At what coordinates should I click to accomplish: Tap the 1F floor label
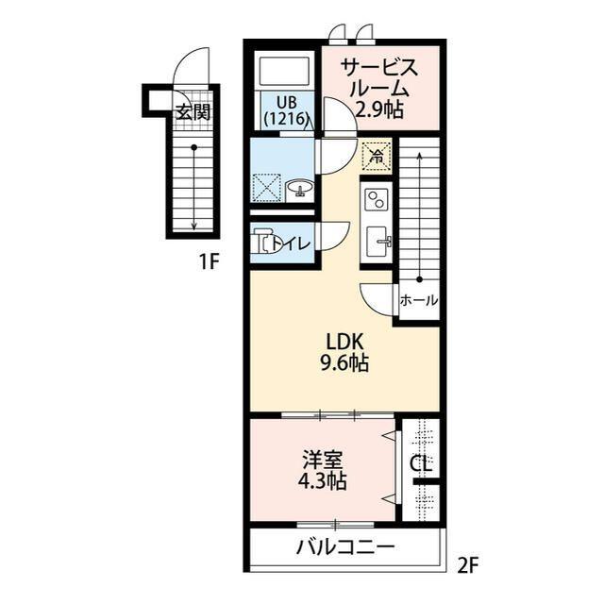pos(209,262)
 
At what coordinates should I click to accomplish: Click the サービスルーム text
pos(379,78)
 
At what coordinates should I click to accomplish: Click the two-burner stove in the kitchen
pos(377,200)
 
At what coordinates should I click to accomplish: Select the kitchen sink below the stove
pos(377,240)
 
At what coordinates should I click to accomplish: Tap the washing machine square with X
pos(268,187)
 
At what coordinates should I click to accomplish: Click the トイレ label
pos(290,244)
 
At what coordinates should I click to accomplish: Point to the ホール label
pos(418,301)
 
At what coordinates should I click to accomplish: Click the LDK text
pos(344,341)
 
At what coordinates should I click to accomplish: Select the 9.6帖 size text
pos(344,363)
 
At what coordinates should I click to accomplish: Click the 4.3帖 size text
pos(323,481)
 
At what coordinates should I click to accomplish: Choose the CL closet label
pos(421,464)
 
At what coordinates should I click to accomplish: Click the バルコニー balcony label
pos(344,547)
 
